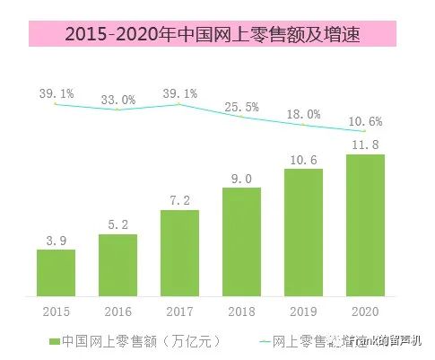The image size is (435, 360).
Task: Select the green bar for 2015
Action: click(x=56, y=272)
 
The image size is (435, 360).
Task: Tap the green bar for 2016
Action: click(x=117, y=265)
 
